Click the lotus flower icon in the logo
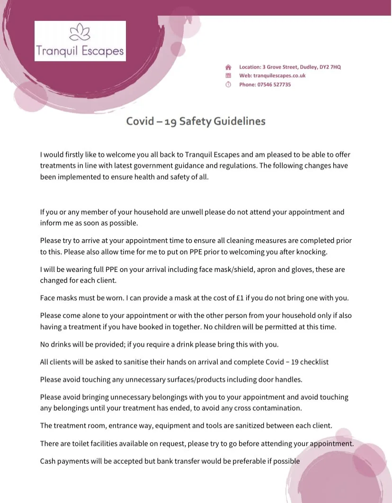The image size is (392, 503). [80, 33]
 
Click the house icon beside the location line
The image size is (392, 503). [228, 67]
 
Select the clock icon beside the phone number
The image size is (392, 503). [228, 85]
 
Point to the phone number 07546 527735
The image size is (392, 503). [274, 85]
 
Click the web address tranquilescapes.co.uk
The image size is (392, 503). [279, 76]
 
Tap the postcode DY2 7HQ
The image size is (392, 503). [329, 67]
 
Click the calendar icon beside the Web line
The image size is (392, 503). [228, 76]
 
